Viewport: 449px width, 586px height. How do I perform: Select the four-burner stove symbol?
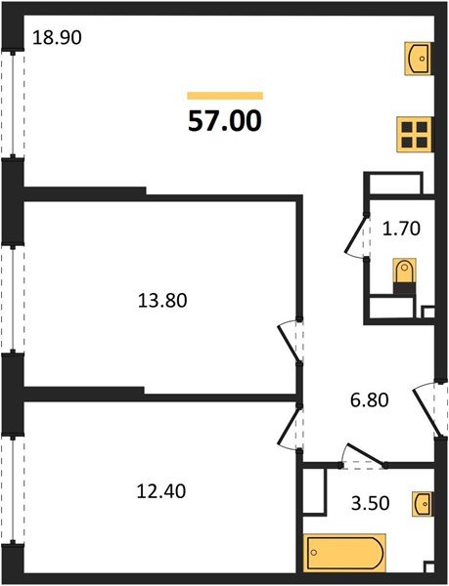point(415,134)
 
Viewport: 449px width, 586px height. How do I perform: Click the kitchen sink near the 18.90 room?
point(419,58)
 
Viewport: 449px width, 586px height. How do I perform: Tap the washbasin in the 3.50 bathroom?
point(422,504)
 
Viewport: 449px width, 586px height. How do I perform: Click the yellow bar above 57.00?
point(225,96)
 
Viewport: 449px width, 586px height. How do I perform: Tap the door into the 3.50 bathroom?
point(362,454)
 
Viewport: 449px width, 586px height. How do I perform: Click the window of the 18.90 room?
point(13,103)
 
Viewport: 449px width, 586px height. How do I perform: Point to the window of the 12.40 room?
point(13,493)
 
